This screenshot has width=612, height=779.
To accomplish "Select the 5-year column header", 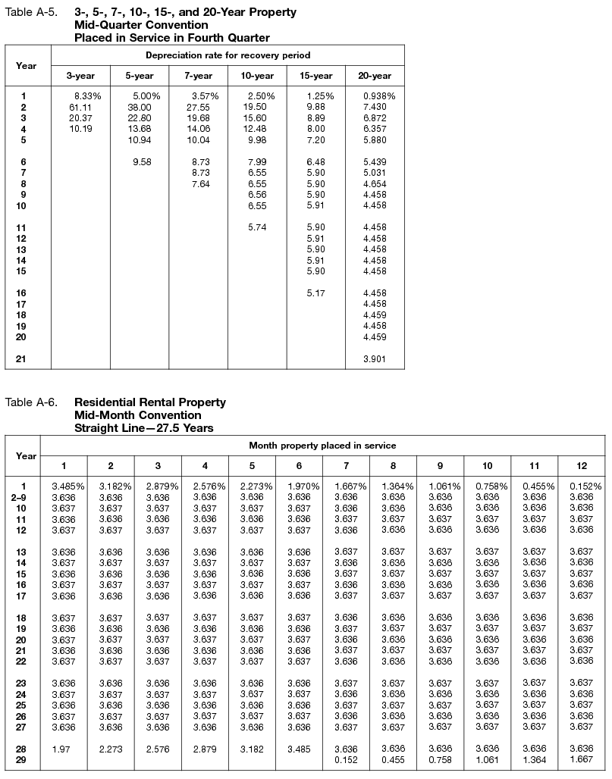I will coord(139,76).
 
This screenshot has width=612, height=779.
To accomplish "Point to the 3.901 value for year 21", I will coord(374,359).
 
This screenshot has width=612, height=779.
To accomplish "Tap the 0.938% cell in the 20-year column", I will coord(378,96).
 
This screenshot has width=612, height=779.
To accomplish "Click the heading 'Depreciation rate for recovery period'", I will coord(228,55).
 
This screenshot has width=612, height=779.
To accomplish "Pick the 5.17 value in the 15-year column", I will coord(315,293).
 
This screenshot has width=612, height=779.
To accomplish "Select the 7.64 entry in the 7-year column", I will coord(200,184).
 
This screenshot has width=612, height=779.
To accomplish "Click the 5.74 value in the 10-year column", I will coord(257,227).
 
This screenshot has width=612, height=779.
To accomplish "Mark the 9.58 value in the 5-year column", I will coord(142,162).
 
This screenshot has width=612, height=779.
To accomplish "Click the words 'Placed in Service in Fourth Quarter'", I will coord(171,37).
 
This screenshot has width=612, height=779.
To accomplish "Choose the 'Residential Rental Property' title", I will coord(149,402).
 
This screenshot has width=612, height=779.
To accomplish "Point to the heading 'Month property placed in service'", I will coord(322,446).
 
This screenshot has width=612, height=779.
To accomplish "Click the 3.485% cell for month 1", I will coord(67,486).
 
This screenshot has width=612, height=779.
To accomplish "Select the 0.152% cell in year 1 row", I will coord(585,486).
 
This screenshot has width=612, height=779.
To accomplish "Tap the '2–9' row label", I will coord(26,496).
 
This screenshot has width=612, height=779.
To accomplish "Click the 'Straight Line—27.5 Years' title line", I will coord(143,427).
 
